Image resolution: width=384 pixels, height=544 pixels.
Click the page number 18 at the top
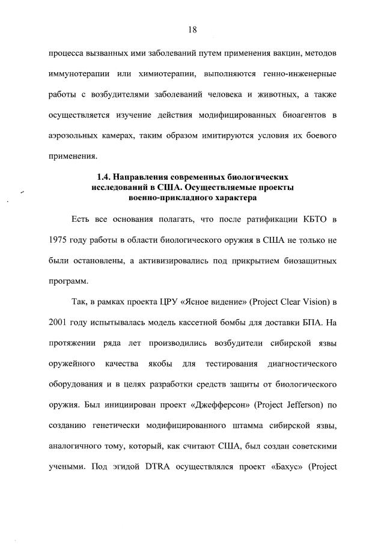(192, 29)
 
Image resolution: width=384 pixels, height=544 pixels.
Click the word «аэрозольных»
(75, 136)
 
